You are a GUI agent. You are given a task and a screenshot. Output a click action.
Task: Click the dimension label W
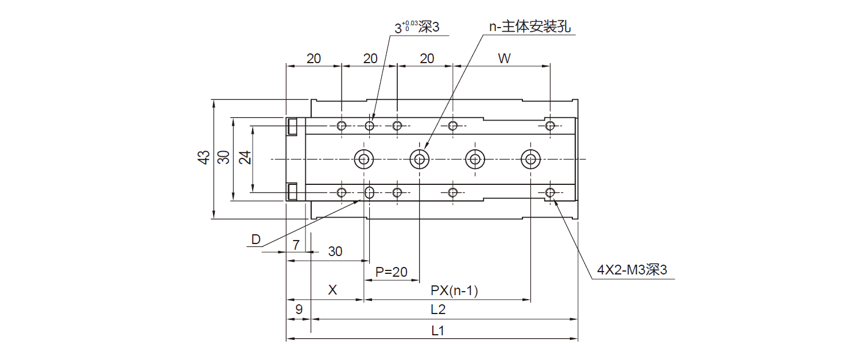[x=504, y=59]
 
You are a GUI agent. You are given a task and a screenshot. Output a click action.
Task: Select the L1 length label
[x=438, y=331]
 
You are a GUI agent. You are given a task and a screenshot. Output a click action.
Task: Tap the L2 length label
[x=438, y=310]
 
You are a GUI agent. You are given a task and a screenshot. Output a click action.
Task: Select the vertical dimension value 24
[x=245, y=158]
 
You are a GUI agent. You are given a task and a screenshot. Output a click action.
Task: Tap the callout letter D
[x=256, y=239]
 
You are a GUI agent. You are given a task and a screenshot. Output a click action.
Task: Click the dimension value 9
[x=298, y=310]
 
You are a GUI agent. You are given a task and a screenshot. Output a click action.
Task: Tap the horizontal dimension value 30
[x=335, y=251]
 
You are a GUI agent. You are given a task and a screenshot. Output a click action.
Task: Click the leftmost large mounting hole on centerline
[x=363, y=159]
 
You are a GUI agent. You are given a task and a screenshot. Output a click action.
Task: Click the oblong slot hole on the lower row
[x=370, y=192]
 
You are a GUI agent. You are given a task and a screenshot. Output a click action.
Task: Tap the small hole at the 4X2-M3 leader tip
[x=551, y=192]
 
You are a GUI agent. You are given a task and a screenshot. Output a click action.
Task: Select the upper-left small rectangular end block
[x=293, y=126]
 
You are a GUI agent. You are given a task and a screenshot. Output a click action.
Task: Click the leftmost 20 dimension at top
[x=313, y=59]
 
